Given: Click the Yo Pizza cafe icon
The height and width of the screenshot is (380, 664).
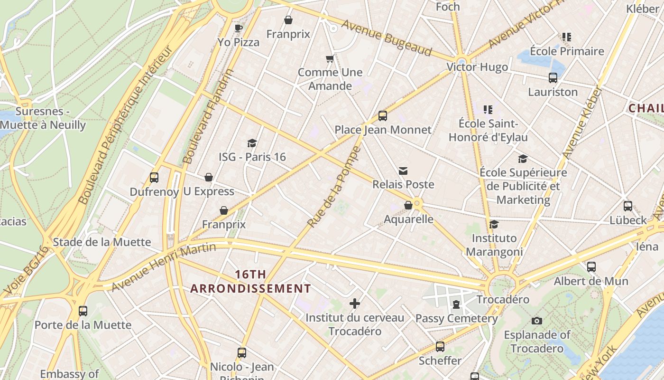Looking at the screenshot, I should (x=239, y=28).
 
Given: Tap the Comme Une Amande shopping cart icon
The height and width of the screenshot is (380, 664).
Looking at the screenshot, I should (x=330, y=58).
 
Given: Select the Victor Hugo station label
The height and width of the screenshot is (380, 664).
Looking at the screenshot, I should (x=477, y=67).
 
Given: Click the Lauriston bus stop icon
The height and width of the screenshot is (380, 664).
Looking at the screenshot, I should (x=553, y=78).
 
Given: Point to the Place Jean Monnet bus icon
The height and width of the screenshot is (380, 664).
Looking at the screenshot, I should (x=382, y=115).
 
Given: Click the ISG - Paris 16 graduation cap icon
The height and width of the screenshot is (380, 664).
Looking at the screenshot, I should (x=252, y=142).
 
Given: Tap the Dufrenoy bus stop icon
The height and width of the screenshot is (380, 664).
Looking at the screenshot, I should (x=154, y=178).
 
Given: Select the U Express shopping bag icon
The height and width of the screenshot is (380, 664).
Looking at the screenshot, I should (x=208, y=177).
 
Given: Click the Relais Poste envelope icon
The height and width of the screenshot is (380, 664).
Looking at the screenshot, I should (x=403, y=171).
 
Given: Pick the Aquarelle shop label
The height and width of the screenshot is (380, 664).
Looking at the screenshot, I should (x=408, y=219).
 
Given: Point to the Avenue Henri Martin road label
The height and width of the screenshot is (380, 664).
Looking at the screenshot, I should (x=163, y=267).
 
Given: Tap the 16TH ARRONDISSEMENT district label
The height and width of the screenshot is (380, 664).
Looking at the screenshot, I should (x=250, y=281).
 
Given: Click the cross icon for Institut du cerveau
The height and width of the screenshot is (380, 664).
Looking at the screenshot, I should (x=355, y=304).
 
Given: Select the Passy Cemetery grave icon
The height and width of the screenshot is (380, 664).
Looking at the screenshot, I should (x=456, y=304).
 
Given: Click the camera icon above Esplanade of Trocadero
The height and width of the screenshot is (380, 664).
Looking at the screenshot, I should (x=536, y=321).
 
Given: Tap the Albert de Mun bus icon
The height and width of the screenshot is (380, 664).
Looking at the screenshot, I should (x=591, y=267).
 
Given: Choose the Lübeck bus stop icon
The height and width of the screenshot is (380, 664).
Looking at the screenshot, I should (x=627, y=206).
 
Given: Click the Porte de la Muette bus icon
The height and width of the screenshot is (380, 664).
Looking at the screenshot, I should (x=83, y=311).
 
